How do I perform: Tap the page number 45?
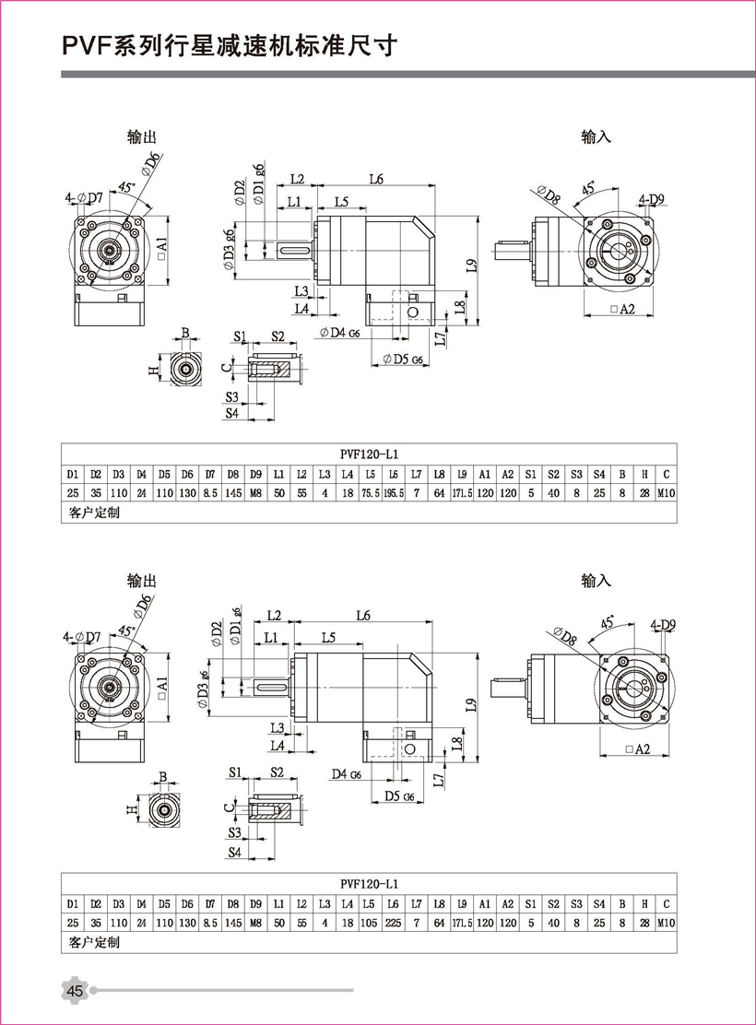click(75, 991)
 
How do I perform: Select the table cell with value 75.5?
click(370, 493)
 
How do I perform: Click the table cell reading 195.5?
click(394, 493)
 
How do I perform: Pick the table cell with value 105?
click(371, 922)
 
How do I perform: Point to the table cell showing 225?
click(394, 922)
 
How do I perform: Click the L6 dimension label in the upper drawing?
click(375, 180)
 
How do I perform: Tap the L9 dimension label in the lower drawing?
click(471, 705)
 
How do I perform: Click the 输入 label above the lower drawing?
click(597, 581)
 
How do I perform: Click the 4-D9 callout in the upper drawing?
click(652, 199)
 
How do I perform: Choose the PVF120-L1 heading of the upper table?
click(369, 454)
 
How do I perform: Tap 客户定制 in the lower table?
click(94, 942)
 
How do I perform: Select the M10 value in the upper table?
click(666, 493)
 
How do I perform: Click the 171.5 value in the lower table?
click(463, 922)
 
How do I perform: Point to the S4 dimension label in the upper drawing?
click(233, 414)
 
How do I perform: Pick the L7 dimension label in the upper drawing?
click(442, 338)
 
